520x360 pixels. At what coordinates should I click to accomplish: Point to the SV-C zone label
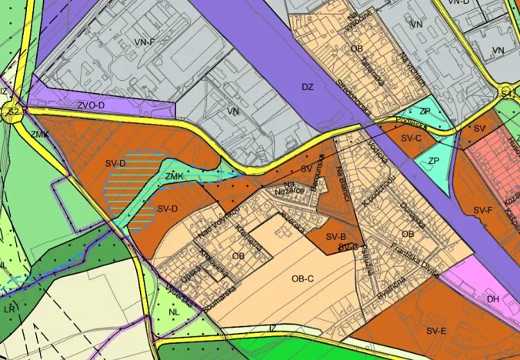(x=412, y=138)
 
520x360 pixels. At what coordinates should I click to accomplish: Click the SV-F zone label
(x=482, y=209)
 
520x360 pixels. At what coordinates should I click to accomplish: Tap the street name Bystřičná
(x=392, y=290)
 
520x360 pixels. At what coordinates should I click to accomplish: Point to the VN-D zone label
(x=458, y=3)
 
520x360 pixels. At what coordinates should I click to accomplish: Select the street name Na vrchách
(x=413, y=68)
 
